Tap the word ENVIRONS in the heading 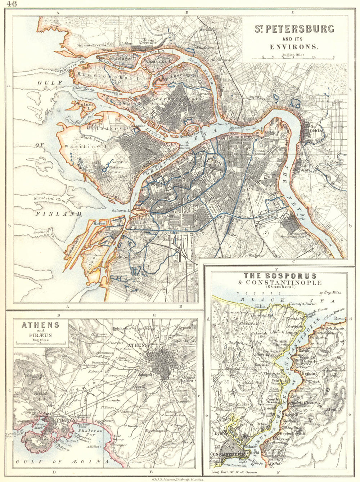click(x=294, y=47)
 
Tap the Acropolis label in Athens click(x=146, y=374)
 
